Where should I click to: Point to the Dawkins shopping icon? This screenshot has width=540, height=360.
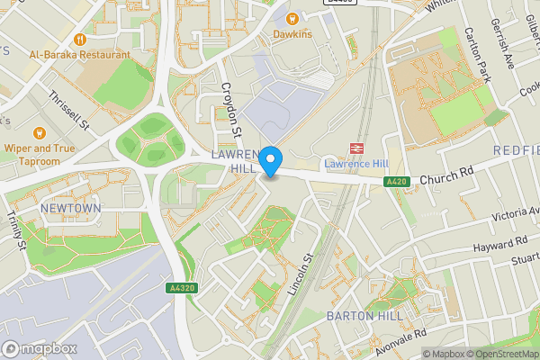pyautogui.click(x=292, y=18)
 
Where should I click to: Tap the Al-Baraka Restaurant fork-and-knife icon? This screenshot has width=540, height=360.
pyautogui.click(x=79, y=39)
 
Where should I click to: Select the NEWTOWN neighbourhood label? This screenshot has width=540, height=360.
pyautogui.click(x=70, y=208)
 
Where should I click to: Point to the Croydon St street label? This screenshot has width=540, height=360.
pyautogui.click(x=233, y=111)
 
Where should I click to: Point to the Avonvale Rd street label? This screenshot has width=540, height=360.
pyautogui.click(x=400, y=341)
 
